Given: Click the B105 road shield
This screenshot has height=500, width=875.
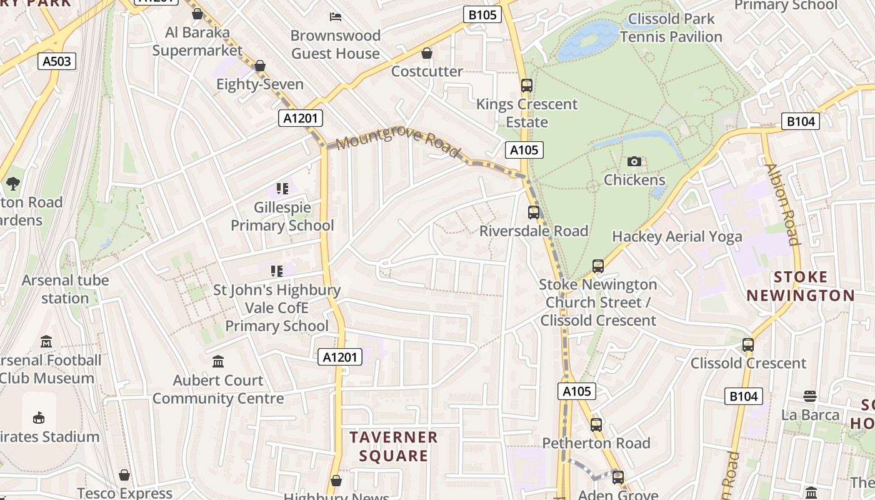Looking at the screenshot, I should pos(482,14).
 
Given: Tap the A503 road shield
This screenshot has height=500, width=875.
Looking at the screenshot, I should pos(57,61).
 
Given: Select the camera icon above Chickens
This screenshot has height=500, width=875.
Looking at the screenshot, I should pos(634,162).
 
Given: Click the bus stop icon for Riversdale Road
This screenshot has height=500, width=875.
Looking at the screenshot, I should pos(533,212).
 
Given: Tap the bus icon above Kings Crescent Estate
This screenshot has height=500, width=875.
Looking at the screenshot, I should pos(526,86).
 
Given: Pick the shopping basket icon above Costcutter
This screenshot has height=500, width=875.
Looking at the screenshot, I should pos(427,54).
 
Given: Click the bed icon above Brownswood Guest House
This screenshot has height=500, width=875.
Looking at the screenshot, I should pos(336,17).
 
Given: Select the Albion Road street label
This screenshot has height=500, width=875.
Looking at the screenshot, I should pos(782,204).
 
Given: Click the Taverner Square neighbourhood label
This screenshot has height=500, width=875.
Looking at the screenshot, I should pos(394,446).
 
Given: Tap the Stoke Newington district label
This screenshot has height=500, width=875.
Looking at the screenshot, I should pos(801,286).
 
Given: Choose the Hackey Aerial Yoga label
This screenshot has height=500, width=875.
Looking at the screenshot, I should pos(677,237).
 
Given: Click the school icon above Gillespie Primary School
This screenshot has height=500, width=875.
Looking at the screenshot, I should pos(282,188).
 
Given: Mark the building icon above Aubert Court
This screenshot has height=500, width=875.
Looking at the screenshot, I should pos(218,361).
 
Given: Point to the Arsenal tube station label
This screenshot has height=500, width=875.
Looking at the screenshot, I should pos(65,289).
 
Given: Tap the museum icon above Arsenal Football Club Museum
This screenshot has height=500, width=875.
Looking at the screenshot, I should pos(46,342).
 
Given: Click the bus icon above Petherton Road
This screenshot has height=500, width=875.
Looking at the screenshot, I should pos(596,425).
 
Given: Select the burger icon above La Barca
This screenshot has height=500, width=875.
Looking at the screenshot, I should pos(810,396).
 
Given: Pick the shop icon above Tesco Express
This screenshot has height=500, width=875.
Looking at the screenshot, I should pos(125,476).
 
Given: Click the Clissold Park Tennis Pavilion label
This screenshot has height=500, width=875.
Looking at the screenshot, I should pos(671,28).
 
